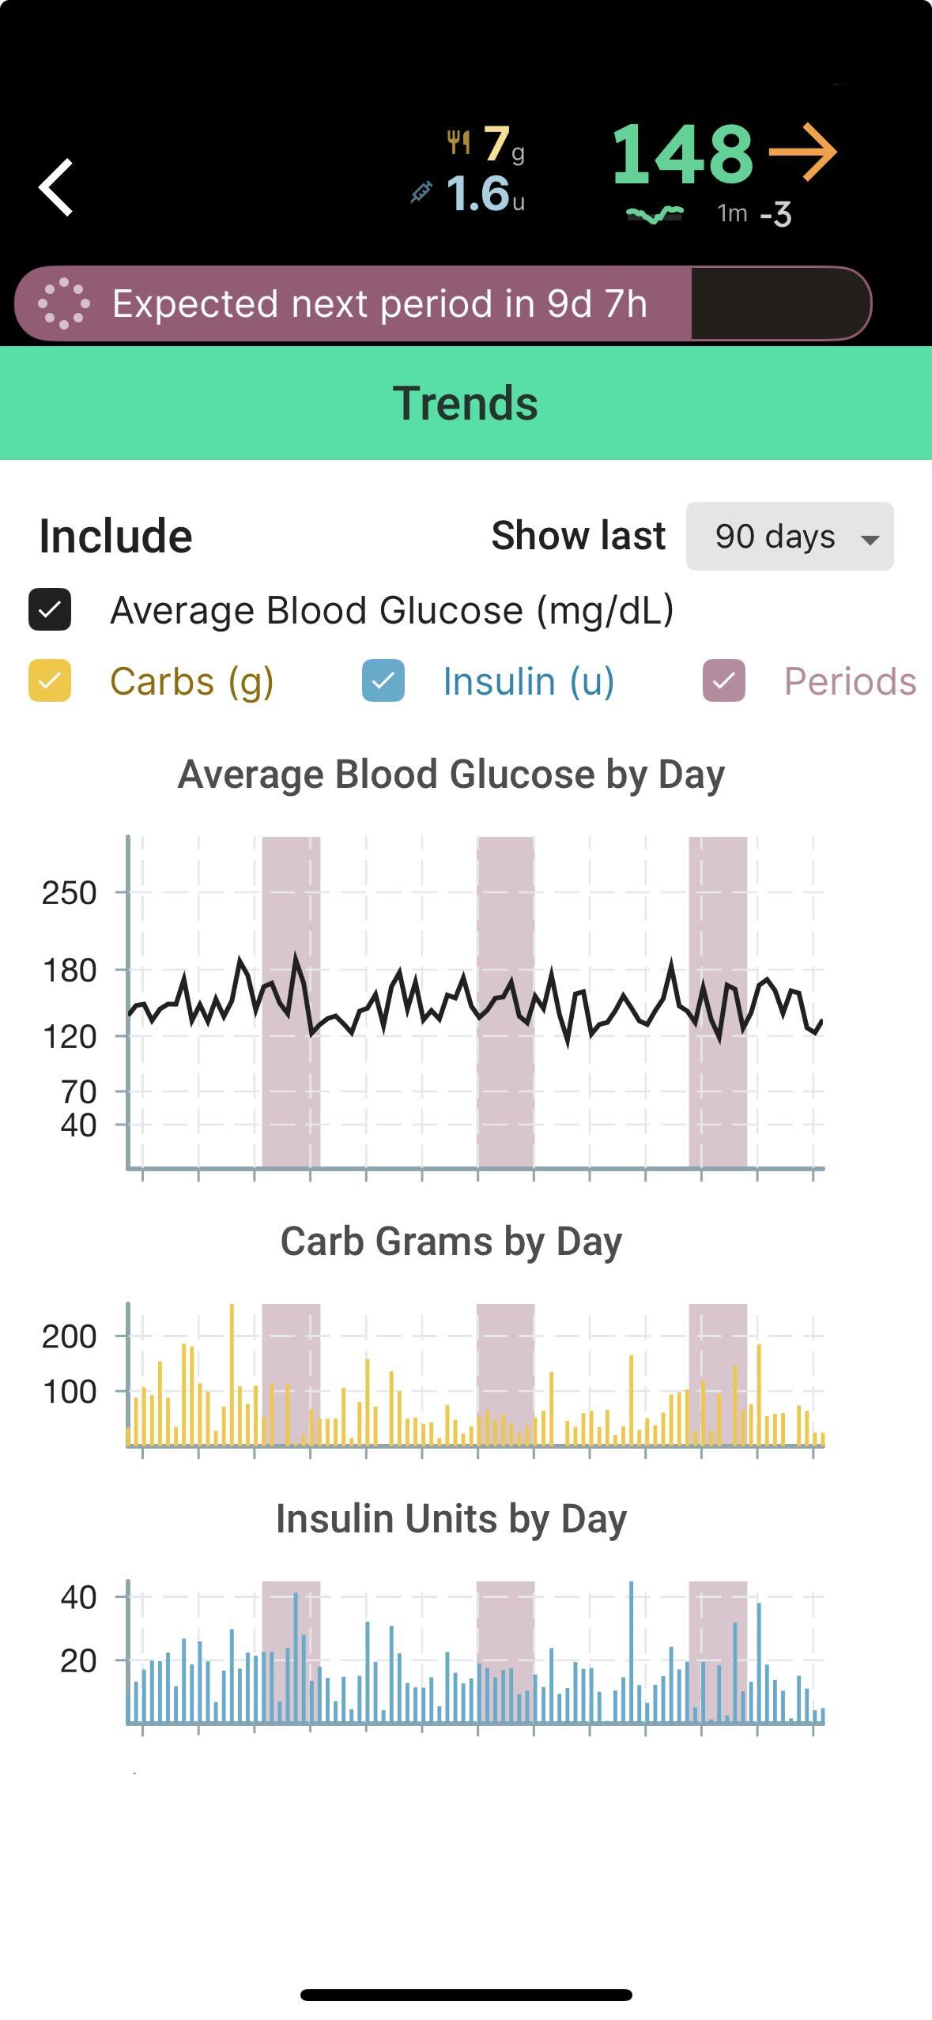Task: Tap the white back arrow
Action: click(56, 187)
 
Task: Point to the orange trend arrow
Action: click(802, 152)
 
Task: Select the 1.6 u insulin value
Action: click(478, 194)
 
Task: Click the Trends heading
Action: click(466, 403)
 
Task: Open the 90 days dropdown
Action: click(789, 537)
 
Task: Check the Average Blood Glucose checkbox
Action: click(50, 609)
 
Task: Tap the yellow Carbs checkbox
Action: click(50, 680)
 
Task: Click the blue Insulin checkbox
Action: click(383, 680)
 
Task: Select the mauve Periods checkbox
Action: click(723, 680)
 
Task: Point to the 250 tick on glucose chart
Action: click(70, 893)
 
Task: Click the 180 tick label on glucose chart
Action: click(70, 970)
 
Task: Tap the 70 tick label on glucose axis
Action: click(78, 1091)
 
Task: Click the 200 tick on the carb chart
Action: click(70, 1336)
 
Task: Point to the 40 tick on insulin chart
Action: click(78, 1597)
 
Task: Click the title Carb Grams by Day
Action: click(451, 1241)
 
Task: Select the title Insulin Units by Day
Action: click(451, 1518)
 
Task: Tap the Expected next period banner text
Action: click(379, 303)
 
